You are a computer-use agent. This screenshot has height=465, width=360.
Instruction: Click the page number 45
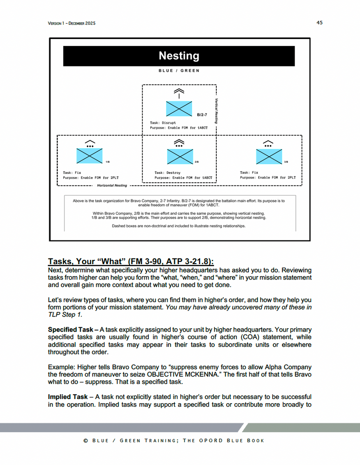tap(320, 22)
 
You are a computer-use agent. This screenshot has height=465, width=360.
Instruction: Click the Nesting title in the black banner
tap(179, 56)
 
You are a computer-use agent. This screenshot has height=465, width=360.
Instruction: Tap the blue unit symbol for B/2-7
tap(179, 109)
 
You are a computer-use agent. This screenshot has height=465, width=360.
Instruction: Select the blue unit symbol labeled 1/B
tap(89, 155)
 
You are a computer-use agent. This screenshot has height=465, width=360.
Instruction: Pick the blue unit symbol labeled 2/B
tap(179, 155)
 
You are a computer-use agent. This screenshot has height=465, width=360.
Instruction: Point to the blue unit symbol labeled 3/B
tap(268, 155)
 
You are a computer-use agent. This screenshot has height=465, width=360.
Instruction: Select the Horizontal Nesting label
tap(112, 186)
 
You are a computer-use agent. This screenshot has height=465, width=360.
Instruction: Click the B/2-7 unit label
tap(202, 114)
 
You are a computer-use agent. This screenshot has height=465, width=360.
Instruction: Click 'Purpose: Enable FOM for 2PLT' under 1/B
tap(91, 178)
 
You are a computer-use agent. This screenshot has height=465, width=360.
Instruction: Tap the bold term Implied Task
tap(68, 397)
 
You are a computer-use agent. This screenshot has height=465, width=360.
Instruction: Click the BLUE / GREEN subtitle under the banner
tap(179, 71)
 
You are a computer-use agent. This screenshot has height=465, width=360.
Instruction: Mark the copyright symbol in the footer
tap(86, 440)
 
